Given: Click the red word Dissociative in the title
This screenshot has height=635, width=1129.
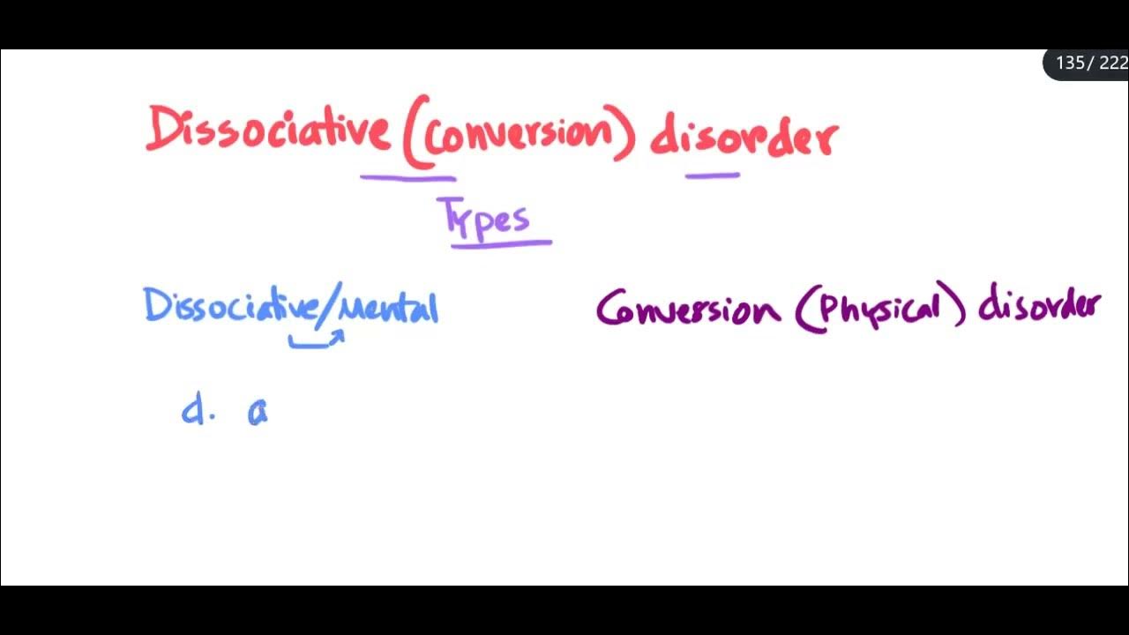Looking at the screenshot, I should pyautogui.click(x=267, y=131).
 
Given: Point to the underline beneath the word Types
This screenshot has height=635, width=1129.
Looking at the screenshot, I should pyautogui.click(x=501, y=243).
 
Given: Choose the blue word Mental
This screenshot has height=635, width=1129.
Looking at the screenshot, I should pyautogui.click(x=388, y=308).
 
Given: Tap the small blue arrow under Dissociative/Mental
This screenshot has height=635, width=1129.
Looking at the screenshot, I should pyautogui.click(x=317, y=340).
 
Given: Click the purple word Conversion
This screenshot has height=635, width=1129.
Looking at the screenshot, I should pyautogui.click(x=688, y=310).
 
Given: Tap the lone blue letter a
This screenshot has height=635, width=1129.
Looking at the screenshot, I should pyautogui.click(x=258, y=412).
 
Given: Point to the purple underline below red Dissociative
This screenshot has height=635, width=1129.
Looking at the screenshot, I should pyautogui.click(x=407, y=177).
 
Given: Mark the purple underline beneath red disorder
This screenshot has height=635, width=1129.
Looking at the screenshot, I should pyautogui.click(x=713, y=176).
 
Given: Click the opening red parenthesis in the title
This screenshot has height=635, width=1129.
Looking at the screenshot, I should pyautogui.click(x=414, y=132).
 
